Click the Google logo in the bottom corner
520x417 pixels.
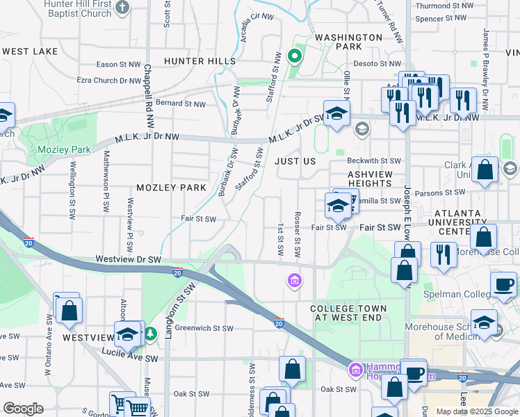[x=23, y=409]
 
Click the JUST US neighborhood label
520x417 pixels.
[x=295, y=161]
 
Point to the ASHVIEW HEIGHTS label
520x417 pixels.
[x=371, y=179]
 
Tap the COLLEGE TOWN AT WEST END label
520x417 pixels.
[x=348, y=312]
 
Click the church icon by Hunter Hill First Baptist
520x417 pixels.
[x=122, y=8]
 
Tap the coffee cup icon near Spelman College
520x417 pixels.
[x=503, y=284]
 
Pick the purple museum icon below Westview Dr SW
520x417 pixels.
[x=295, y=280]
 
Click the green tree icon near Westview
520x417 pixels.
[x=151, y=335]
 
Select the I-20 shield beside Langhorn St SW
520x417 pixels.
[x=178, y=270]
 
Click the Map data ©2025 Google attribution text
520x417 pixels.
[x=477, y=411]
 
